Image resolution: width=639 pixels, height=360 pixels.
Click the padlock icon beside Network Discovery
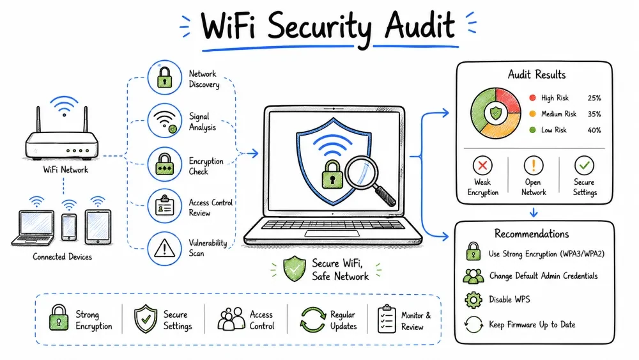(165, 77)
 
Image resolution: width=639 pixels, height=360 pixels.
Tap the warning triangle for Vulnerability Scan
(165, 247)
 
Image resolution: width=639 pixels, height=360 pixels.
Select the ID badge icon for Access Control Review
(165, 205)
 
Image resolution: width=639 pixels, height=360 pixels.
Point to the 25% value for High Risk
(594, 98)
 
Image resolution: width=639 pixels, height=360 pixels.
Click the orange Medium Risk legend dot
(532, 114)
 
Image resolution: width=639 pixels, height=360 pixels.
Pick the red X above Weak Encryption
(482, 166)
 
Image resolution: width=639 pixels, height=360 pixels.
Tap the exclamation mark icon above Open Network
(534, 166)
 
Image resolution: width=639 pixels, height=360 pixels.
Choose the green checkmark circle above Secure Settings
(584, 165)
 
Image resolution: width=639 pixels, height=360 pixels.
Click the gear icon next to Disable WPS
(473, 300)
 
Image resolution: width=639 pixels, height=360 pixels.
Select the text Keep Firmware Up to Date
(532, 325)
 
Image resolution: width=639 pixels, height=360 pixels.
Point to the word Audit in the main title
(420, 26)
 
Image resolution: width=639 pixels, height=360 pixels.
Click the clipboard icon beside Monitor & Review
(387, 319)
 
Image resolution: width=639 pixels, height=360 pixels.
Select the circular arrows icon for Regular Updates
(312, 319)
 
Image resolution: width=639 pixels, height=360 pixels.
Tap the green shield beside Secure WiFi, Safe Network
(294, 269)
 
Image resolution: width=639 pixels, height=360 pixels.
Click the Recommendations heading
(532, 233)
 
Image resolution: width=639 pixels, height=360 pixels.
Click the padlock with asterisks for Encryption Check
(165, 164)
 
